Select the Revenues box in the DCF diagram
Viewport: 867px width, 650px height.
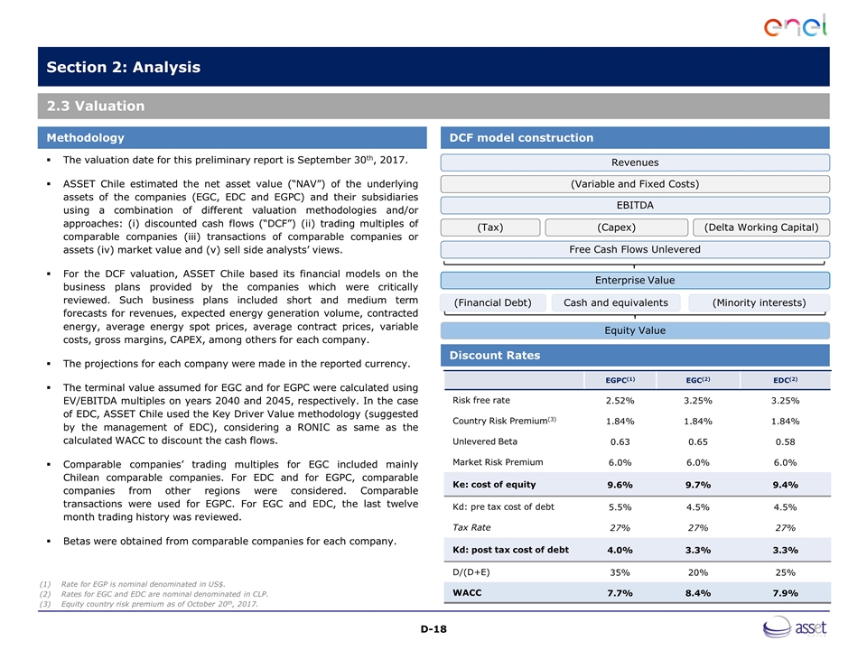tap(634, 162)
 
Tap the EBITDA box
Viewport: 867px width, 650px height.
tap(634, 205)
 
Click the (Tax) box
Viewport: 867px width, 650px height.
tap(490, 227)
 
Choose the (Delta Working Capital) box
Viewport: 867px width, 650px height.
tap(760, 227)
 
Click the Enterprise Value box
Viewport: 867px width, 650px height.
tap(634, 281)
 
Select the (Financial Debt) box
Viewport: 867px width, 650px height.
tap(492, 302)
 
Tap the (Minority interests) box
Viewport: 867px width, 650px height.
tap(759, 302)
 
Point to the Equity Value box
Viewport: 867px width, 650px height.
tap(634, 330)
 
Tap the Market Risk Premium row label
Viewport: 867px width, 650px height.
tap(492, 462)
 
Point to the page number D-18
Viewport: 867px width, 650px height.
tap(433, 627)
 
